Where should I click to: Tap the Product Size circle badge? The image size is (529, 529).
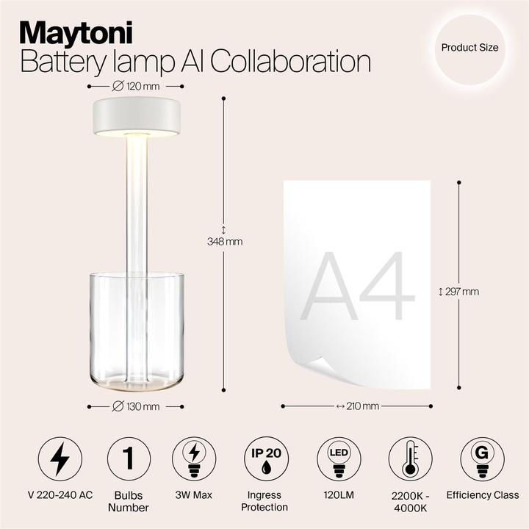(469, 48)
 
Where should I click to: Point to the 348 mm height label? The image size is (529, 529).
(224, 241)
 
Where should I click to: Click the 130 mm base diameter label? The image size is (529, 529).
(136, 406)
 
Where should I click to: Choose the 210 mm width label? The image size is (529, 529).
(358, 406)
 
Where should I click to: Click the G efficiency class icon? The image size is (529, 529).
(482, 459)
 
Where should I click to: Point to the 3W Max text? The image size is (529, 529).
(195, 496)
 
